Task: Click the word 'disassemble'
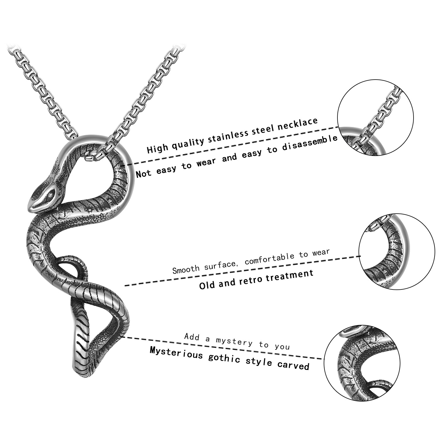310,143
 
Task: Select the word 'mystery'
234,341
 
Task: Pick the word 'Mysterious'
176,354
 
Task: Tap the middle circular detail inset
397,252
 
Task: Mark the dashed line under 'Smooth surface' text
243,271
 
